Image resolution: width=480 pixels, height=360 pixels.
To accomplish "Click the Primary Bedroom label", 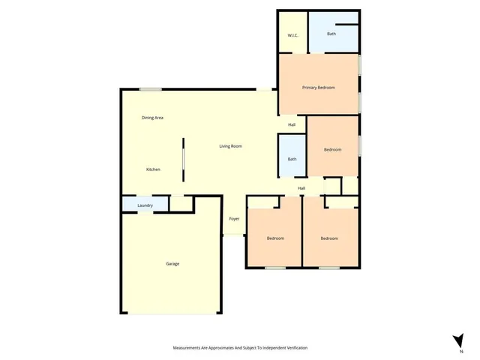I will coord(318,88).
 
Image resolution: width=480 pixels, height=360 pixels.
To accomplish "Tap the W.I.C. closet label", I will coord(293,36).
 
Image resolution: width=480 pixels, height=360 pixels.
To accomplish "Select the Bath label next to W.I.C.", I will coord(331,34).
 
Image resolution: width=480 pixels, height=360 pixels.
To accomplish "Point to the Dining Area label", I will coord(153,118).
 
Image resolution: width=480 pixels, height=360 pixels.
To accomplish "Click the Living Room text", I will coord(230,145).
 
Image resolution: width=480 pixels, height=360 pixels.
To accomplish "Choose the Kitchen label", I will coord(153,169).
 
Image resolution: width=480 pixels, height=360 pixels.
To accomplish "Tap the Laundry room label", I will coord(145,205).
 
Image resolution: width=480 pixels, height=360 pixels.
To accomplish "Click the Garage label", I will coord(172,263).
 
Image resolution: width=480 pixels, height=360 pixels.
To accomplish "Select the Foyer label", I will coord(234,218).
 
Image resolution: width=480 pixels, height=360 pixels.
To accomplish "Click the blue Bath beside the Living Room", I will coord(292,159).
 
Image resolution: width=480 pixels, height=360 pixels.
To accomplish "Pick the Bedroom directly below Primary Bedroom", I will coord(332,150).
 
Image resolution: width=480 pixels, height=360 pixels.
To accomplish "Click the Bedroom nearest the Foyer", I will coord(275,238).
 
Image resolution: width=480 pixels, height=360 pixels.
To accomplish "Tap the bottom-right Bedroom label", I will coord(329,238).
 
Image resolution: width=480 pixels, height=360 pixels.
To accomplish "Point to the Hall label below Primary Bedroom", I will coord(292,124).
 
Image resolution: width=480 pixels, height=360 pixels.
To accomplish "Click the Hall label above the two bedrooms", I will coord(301,188).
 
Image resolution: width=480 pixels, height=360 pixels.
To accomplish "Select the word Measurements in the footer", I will coord(190,348).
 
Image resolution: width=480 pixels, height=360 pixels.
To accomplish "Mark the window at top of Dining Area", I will coord(150,90).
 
